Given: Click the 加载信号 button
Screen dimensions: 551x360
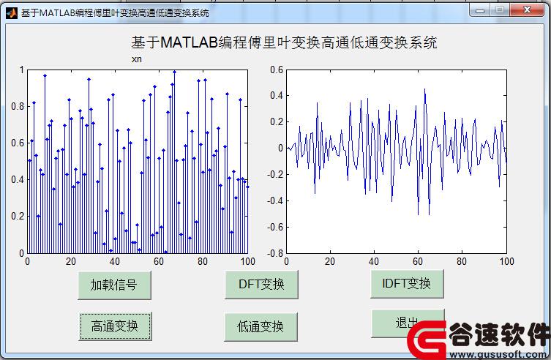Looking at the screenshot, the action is (114, 285).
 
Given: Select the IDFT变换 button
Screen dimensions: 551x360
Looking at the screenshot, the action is (407, 284).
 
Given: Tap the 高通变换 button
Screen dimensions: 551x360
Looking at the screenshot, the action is (116, 326).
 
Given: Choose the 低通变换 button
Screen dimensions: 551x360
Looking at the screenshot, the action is (260, 326).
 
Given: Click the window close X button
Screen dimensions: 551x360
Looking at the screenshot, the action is (527, 10).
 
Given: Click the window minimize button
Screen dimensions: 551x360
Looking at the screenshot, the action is (480, 10).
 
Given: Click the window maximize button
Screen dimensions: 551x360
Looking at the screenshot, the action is (500, 10).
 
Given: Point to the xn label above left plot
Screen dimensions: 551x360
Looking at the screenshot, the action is (137, 59).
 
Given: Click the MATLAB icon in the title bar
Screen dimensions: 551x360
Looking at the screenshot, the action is (11, 13).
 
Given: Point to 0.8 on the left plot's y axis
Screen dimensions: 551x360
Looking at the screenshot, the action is (18, 106).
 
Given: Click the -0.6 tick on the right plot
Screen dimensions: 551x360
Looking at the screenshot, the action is (275, 227).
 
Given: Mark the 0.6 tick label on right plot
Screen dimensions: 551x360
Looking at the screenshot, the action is (277, 70).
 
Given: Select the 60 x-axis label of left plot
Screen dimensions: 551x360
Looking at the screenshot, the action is (159, 261).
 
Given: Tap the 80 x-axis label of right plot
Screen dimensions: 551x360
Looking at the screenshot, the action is (462, 261).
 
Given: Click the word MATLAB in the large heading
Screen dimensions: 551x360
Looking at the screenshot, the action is (190, 42).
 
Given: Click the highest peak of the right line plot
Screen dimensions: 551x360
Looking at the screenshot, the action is (425, 89).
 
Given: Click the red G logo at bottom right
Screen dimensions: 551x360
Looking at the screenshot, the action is (427, 340).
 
